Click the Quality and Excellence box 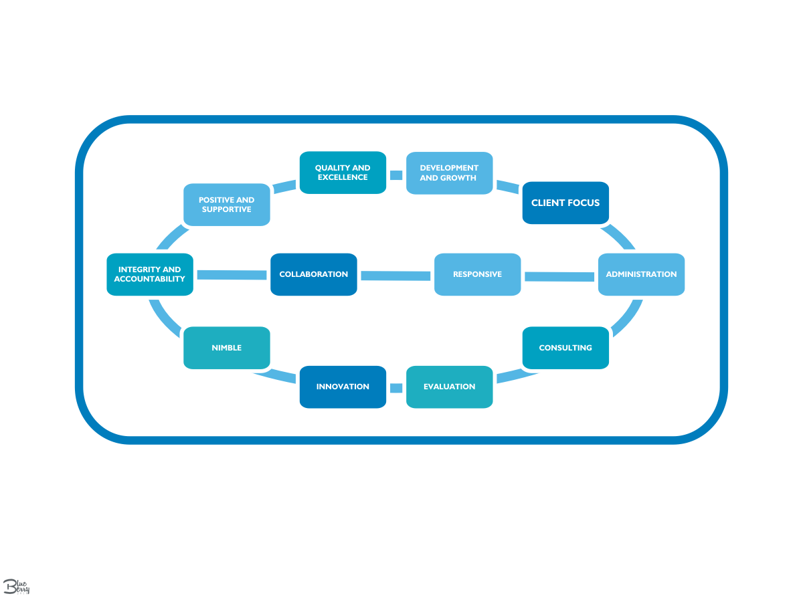click(343, 173)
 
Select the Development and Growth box click(449, 173)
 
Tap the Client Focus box click(565, 203)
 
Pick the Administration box click(641, 274)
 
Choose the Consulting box click(565, 348)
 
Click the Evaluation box click(449, 387)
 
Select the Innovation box click(343, 387)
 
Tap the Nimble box click(226, 348)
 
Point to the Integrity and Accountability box click(150, 274)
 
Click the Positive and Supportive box click(226, 205)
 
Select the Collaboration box click(313, 274)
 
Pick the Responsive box click(477, 274)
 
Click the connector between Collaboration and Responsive click(395, 276)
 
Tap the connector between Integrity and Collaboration click(232, 274)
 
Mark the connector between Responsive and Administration click(559, 276)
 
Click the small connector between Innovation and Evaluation click(396, 387)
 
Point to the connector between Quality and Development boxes click(396, 175)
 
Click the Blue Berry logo click(17, 587)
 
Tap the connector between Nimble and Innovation click(276, 377)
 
